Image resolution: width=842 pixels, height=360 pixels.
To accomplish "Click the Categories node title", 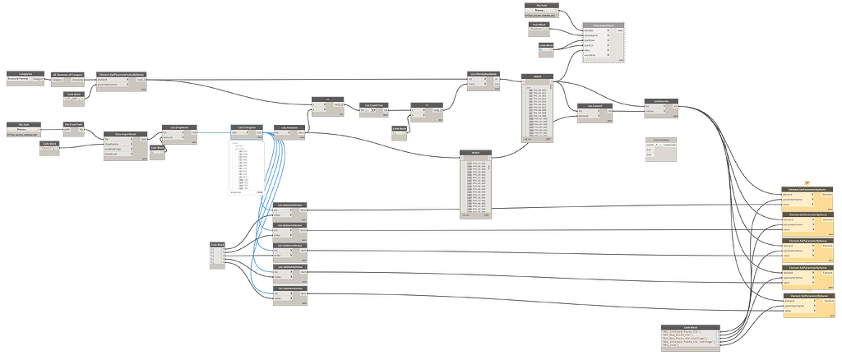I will (x=25, y=73).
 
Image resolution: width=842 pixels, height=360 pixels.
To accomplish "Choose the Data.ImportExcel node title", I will (x=125, y=132).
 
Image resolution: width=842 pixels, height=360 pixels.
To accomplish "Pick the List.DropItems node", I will (x=179, y=127).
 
